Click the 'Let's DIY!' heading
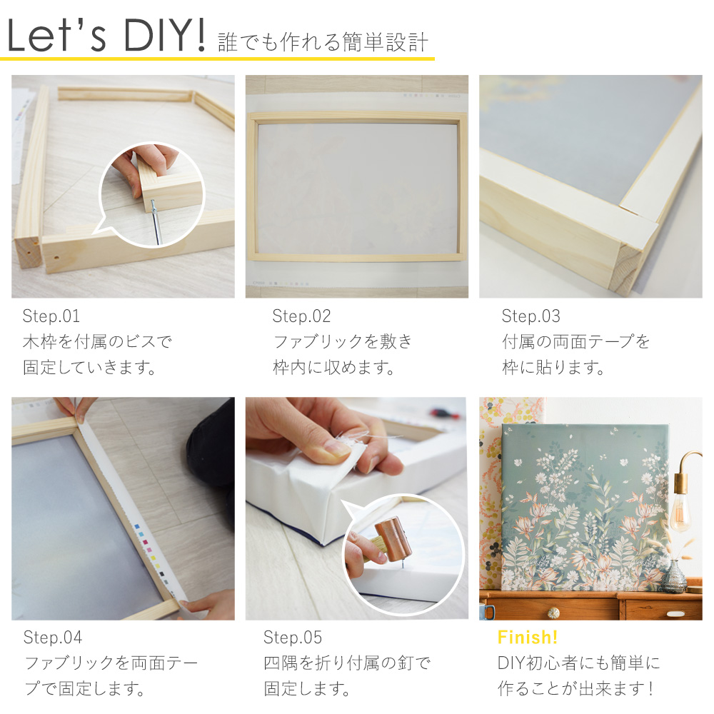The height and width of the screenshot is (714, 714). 106,36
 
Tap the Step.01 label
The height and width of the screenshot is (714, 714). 51,316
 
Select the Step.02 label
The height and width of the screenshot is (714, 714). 301,316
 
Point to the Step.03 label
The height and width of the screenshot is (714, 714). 531,316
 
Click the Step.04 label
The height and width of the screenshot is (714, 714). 53,638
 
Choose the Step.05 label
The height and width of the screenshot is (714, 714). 293,638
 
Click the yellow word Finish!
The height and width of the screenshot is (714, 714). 528,638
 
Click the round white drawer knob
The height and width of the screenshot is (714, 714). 553,613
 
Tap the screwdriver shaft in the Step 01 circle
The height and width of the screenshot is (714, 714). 156,223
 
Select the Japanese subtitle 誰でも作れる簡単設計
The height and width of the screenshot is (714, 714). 323,43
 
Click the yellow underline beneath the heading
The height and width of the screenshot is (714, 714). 217,59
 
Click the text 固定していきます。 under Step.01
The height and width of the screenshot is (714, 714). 90,367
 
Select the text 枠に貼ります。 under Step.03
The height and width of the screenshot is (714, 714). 553,367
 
